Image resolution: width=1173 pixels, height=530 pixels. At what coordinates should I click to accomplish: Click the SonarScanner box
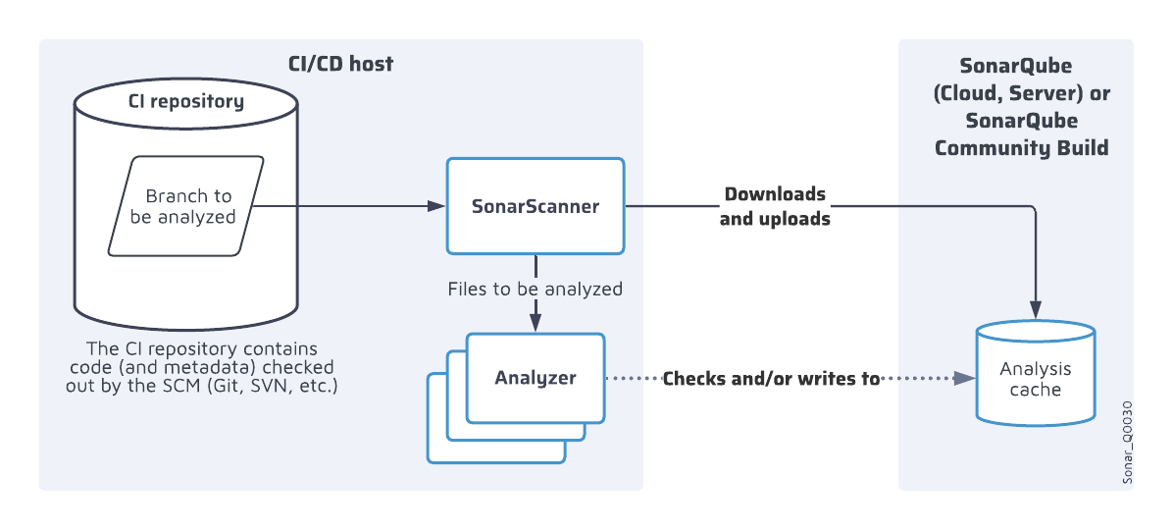tap(535, 206)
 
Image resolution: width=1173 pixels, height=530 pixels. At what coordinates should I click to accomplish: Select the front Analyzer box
tap(535, 378)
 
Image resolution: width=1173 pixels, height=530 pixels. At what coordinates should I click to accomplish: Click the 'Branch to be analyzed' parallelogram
tap(184, 206)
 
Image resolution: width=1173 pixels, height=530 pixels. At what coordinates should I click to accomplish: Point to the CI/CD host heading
tap(340, 65)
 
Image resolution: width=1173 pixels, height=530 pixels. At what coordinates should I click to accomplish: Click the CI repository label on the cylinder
tap(186, 101)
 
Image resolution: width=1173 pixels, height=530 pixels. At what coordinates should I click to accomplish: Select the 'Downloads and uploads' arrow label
tap(775, 206)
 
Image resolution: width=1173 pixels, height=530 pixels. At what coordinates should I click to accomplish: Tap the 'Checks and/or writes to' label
tap(771, 379)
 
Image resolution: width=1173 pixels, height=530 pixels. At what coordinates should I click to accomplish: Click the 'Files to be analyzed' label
tap(535, 290)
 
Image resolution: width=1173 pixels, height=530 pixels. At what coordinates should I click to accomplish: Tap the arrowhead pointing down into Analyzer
tap(535, 323)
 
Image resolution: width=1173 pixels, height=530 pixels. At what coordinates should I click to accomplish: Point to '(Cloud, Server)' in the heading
tap(996, 94)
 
